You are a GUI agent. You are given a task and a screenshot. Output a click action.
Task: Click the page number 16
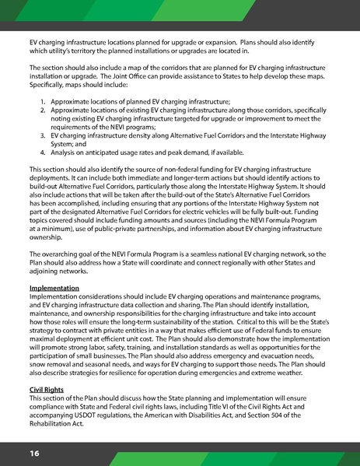(x=35, y=452)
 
